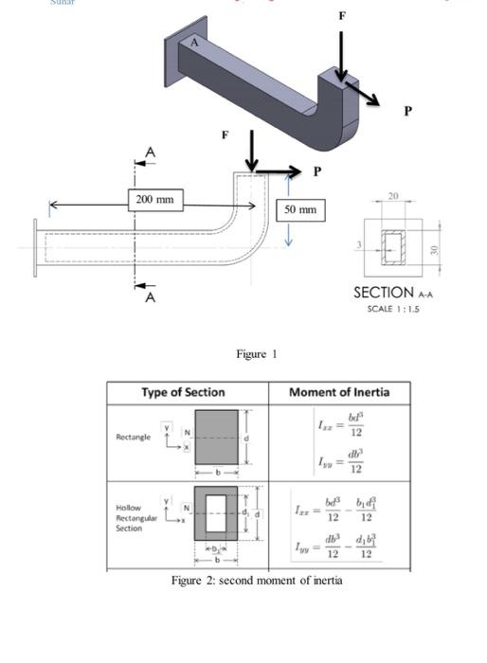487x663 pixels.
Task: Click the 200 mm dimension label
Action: pyautogui.click(x=154, y=199)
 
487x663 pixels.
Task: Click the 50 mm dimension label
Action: pyautogui.click(x=299, y=209)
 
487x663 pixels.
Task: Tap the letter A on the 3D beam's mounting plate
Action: pyautogui.click(x=195, y=43)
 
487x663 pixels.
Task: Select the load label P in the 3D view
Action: pyautogui.click(x=407, y=111)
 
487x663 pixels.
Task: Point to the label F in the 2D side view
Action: pyautogui.click(x=225, y=134)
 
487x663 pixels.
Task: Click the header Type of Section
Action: pyautogui.click(x=183, y=392)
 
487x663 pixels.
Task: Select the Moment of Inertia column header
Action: pyautogui.click(x=338, y=392)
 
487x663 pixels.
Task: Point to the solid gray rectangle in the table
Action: pyautogui.click(x=217, y=436)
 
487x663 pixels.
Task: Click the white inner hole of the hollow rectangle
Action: pyautogui.click(x=217, y=513)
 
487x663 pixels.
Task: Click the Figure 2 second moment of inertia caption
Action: pyautogui.click(x=257, y=581)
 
